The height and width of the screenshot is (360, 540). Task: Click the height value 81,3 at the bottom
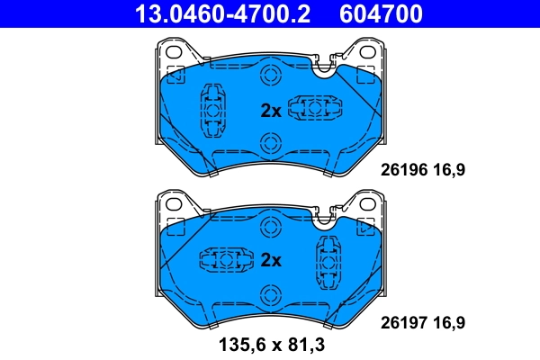pos(305,344)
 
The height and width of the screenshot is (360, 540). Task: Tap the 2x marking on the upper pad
pos(271,111)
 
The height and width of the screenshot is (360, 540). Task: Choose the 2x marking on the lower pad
pos(271,261)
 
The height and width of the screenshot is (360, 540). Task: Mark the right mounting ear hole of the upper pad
pos(367,55)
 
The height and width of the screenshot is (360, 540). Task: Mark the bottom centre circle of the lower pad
pos(269,295)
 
